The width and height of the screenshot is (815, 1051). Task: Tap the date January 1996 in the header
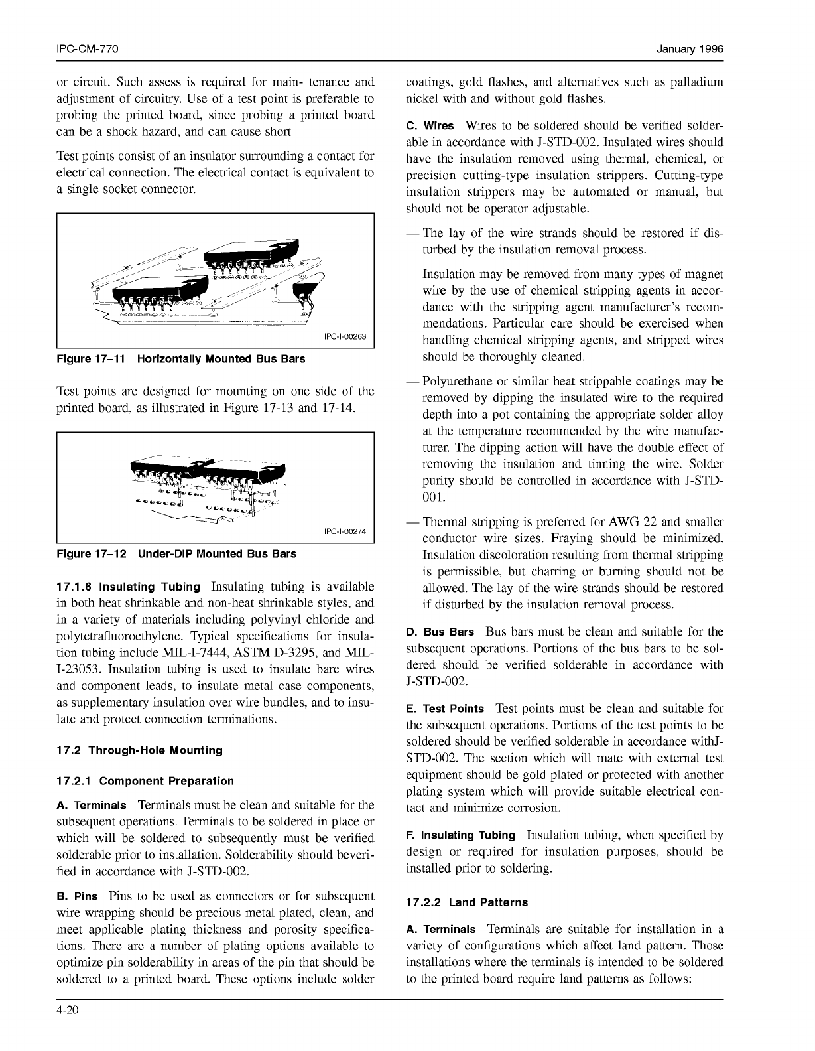(690, 50)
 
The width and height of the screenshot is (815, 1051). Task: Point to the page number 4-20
(68, 1010)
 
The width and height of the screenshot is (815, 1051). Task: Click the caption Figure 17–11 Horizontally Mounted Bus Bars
(181, 359)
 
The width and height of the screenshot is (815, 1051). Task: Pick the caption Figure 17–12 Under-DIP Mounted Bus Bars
(176, 553)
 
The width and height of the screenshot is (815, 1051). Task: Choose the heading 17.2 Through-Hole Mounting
(139, 750)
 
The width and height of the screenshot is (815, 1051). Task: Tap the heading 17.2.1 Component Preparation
(145, 781)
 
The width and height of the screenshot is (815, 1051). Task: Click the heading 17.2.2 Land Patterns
(467, 902)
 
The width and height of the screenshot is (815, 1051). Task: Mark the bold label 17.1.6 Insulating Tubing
(129, 587)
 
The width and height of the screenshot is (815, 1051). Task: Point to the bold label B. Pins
(78, 896)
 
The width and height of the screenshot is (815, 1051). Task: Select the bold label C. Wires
(430, 125)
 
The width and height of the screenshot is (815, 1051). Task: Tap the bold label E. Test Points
(445, 709)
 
